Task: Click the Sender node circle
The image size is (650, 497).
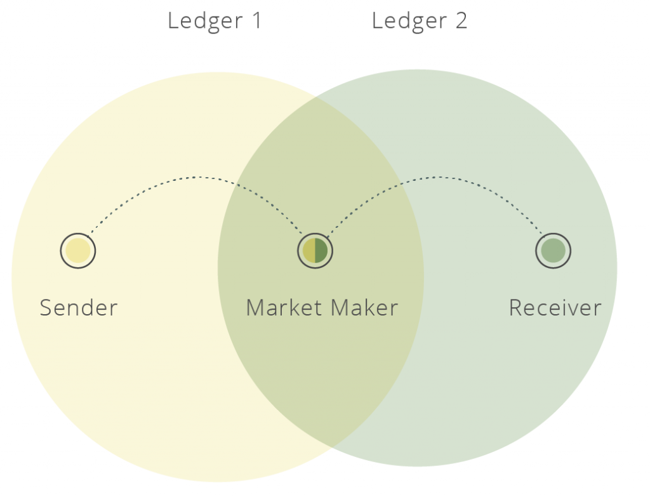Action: coord(78,251)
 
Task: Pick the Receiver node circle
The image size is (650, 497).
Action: coord(554,251)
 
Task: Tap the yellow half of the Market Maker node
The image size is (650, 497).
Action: coord(309,251)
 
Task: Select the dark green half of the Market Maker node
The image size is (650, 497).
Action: coord(321,251)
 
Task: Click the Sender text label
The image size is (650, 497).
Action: coord(79,308)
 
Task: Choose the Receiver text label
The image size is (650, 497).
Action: coord(555,308)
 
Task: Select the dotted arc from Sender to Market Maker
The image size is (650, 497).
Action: coord(197,177)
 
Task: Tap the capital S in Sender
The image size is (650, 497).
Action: coord(46,308)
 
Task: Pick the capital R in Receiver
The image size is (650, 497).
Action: coord(515,308)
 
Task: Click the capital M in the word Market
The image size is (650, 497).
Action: coord(255,308)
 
